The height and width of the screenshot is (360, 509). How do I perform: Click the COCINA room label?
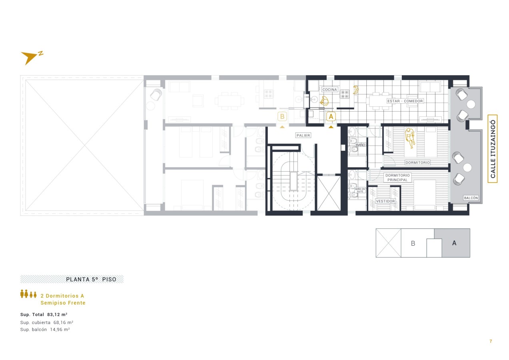pyautogui.click(x=329, y=90)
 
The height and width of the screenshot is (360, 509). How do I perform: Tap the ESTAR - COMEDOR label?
pyautogui.click(x=405, y=101)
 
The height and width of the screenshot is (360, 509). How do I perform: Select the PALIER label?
pyautogui.click(x=303, y=135)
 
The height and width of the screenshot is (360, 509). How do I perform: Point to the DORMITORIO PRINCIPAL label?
pyautogui.click(x=397, y=178)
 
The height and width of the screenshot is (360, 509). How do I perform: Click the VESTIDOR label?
pyautogui.click(x=385, y=201)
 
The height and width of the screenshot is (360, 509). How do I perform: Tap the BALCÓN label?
pyautogui.click(x=471, y=198)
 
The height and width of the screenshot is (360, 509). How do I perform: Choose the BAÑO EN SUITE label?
pyautogui.click(x=360, y=190)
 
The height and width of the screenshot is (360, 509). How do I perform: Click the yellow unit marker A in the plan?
pyautogui.click(x=331, y=116)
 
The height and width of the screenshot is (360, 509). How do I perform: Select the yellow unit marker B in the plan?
pyautogui.click(x=282, y=116)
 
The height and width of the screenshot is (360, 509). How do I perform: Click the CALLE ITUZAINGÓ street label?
pyautogui.click(x=493, y=149)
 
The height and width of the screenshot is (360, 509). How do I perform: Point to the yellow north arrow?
pyautogui.click(x=29, y=58)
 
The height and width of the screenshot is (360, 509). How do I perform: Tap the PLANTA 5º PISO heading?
pyautogui.click(x=91, y=279)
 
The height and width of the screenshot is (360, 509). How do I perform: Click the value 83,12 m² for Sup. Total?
pyautogui.click(x=57, y=314)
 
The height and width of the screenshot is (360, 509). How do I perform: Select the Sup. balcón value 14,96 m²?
pyautogui.click(x=60, y=329)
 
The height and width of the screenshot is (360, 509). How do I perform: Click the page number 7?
pyautogui.click(x=491, y=341)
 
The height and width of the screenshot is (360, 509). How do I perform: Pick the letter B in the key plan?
pyautogui.click(x=413, y=244)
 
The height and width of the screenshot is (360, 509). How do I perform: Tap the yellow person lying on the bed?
pyautogui.click(x=410, y=138)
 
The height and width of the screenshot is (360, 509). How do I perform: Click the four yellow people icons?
pyautogui.click(x=28, y=294)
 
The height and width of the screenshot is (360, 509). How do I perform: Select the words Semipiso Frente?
pyautogui.click(x=63, y=303)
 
